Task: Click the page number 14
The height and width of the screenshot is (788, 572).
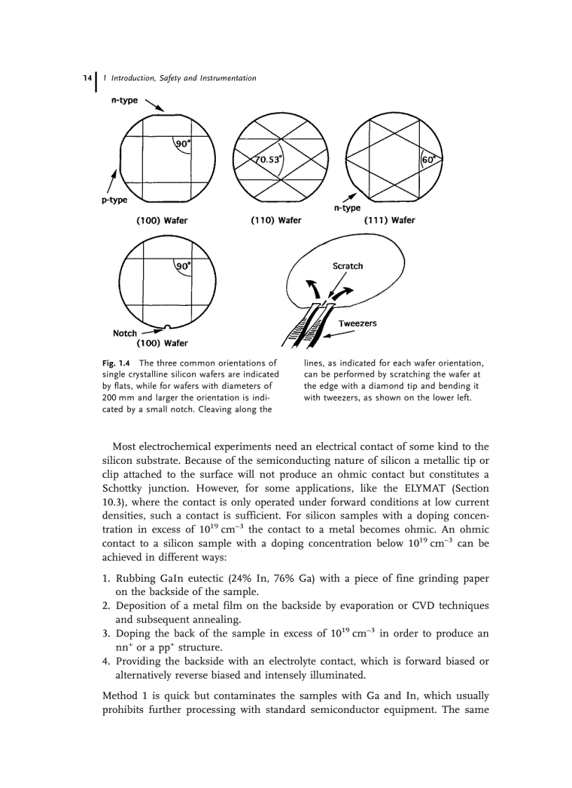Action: pos(88,79)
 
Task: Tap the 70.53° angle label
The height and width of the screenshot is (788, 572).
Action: pos(268,159)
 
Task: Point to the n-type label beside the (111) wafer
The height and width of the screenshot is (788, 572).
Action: pos(347,208)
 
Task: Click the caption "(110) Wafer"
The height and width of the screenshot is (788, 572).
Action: pos(275,220)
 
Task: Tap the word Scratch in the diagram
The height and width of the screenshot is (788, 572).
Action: pos(348,266)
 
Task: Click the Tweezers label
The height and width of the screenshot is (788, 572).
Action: pos(357,323)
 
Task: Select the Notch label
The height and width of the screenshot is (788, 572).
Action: pos(125,333)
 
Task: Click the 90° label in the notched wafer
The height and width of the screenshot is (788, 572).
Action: pos(184,266)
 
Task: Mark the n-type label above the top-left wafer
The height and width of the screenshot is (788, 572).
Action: pos(125,100)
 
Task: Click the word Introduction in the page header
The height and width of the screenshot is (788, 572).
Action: pos(137,79)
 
